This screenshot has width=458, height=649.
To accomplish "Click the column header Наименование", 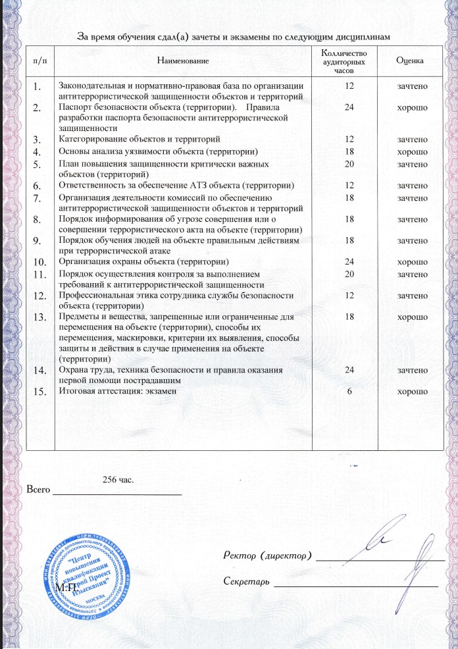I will coord(184,61).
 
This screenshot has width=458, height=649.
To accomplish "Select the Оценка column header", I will coord(409,61).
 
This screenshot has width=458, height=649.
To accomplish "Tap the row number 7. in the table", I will coord(39,198).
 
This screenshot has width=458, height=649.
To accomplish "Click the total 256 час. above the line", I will coord(118,479).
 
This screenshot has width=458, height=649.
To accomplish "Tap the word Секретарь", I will coord(244,582).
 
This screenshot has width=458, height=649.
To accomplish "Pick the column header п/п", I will coord(39,61).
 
